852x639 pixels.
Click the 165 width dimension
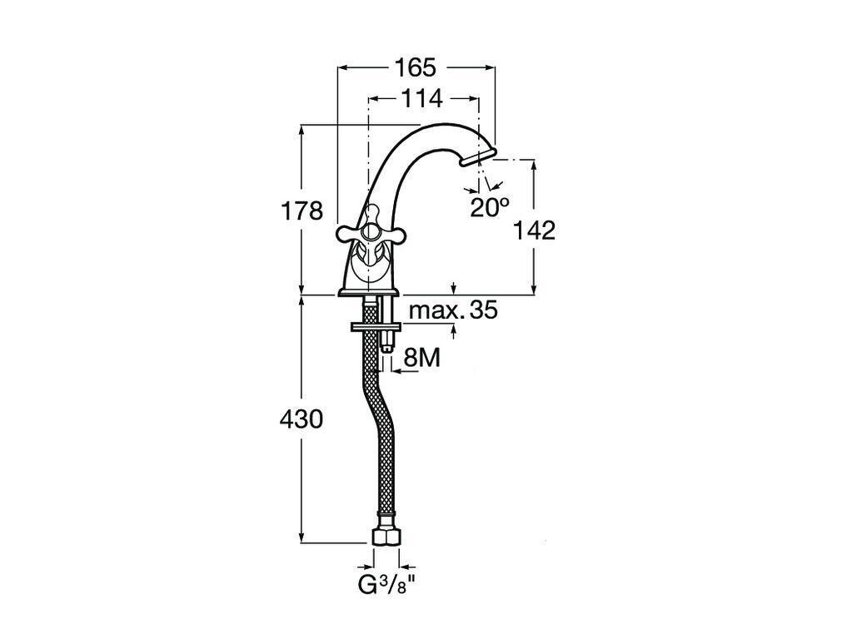pos(416,67)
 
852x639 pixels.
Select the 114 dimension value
pos(421,98)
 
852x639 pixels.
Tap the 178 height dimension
pos(302,211)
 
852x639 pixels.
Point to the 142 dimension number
pos(535,230)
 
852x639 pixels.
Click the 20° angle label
pos(488,207)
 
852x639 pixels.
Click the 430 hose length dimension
pos(301,419)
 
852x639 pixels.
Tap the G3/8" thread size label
pos(386,584)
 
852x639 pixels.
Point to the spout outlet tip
pos(479,158)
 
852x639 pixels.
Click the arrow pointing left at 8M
pos(396,370)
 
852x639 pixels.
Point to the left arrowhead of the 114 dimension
pos(373,99)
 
